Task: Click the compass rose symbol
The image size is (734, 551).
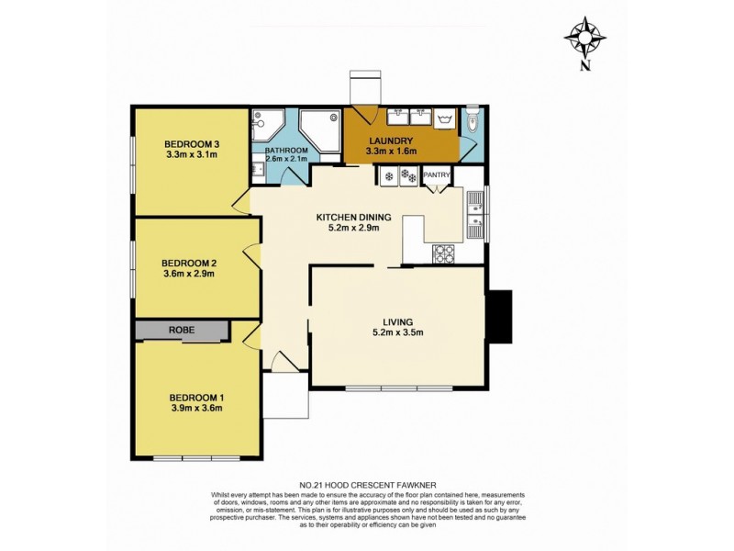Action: [585, 36]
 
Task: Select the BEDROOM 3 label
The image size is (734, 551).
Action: [192, 143]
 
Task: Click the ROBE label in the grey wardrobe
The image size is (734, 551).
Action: [181, 331]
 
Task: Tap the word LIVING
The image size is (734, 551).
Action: [398, 321]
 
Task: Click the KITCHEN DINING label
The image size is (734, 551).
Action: [354, 218]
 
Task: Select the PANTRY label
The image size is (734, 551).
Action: [437, 174]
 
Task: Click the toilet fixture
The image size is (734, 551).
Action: [472, 119]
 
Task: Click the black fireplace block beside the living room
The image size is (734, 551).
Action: [498, 316]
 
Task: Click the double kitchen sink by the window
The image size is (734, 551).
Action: [475, 214]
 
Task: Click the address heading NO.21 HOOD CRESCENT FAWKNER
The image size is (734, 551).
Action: [366, 484]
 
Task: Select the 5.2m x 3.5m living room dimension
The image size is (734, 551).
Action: [398, 333]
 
